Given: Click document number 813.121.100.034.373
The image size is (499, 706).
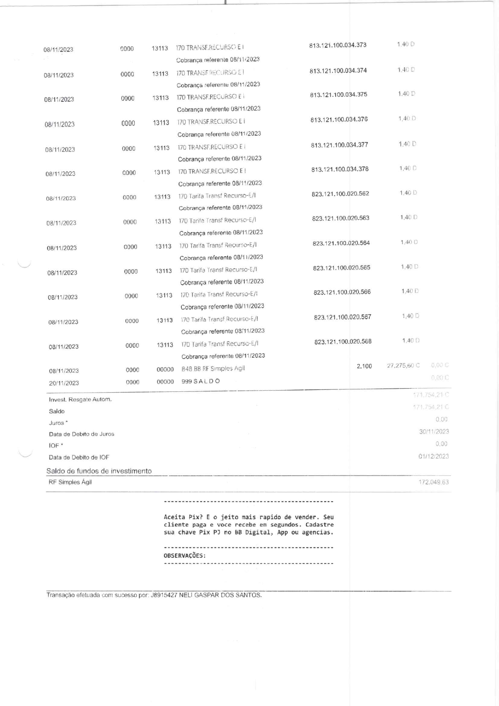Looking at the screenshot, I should coord(338,45).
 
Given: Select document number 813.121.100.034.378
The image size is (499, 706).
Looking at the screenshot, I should coord(340,169).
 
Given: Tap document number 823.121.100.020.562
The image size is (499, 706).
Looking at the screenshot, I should coord(340,194).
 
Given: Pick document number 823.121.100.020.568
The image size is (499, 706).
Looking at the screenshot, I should coord(343,342).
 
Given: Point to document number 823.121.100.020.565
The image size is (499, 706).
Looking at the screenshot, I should coord(342,268).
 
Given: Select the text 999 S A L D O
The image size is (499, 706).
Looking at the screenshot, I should coord(200,381).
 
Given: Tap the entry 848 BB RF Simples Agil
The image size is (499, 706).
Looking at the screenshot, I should coord(213,368).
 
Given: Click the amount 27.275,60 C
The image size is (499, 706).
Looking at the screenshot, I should coord(403,366).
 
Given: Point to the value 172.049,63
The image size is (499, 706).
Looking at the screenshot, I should coord(433,482).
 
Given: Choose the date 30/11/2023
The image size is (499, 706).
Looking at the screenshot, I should coord(434,432).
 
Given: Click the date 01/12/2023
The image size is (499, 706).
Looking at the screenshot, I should coord(433,456).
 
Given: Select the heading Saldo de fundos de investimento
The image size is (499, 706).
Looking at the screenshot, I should coord(99,471).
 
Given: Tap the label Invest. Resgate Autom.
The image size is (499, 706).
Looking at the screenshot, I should coord(80,399).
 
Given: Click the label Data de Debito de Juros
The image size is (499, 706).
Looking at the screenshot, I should coord(81,434).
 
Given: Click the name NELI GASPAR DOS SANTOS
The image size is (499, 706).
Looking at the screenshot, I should coord(220,595).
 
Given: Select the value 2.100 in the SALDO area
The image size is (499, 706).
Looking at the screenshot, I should coord(364,366).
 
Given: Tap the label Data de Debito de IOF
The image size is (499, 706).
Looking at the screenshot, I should coord(79,457).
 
